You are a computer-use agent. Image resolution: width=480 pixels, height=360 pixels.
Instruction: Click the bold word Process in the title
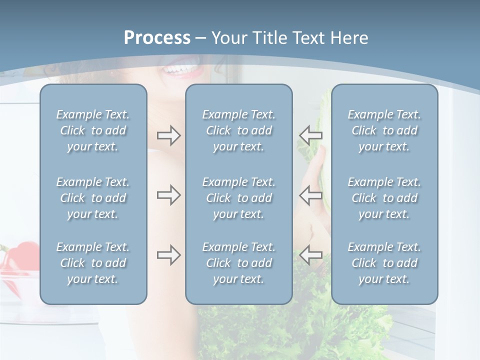tap(157, 38)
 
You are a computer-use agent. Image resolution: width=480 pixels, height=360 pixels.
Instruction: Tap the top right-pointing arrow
tap(168, 135)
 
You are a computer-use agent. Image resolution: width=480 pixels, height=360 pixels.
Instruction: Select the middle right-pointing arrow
tap(168, 195)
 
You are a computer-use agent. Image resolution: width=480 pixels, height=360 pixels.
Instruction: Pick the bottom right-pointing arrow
tap(168, 255)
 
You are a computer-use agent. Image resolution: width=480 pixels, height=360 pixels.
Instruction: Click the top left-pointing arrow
tap(310, 135)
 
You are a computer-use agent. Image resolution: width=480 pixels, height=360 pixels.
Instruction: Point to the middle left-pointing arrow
tap(310, 195)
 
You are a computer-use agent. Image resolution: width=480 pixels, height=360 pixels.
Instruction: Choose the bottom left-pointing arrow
tap(310, 255)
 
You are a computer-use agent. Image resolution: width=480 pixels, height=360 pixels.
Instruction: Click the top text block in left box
tap(93, 130)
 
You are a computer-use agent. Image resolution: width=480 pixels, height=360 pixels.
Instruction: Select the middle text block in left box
tap(93, 198)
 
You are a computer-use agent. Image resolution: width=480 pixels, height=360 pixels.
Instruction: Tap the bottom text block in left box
tap(93, 263)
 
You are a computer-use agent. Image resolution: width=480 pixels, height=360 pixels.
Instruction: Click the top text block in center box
tap(238, 130)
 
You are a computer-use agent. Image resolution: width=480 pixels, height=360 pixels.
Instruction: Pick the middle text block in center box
tap(238, 198)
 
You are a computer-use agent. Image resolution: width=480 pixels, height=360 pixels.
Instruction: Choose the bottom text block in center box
tap(238, 263)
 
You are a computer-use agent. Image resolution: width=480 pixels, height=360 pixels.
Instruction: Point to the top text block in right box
tap(384, 130)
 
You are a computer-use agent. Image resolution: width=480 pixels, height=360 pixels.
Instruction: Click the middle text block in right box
tap(384, 198)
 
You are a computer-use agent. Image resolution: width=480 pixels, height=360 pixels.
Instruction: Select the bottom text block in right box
tap(384, 263)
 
